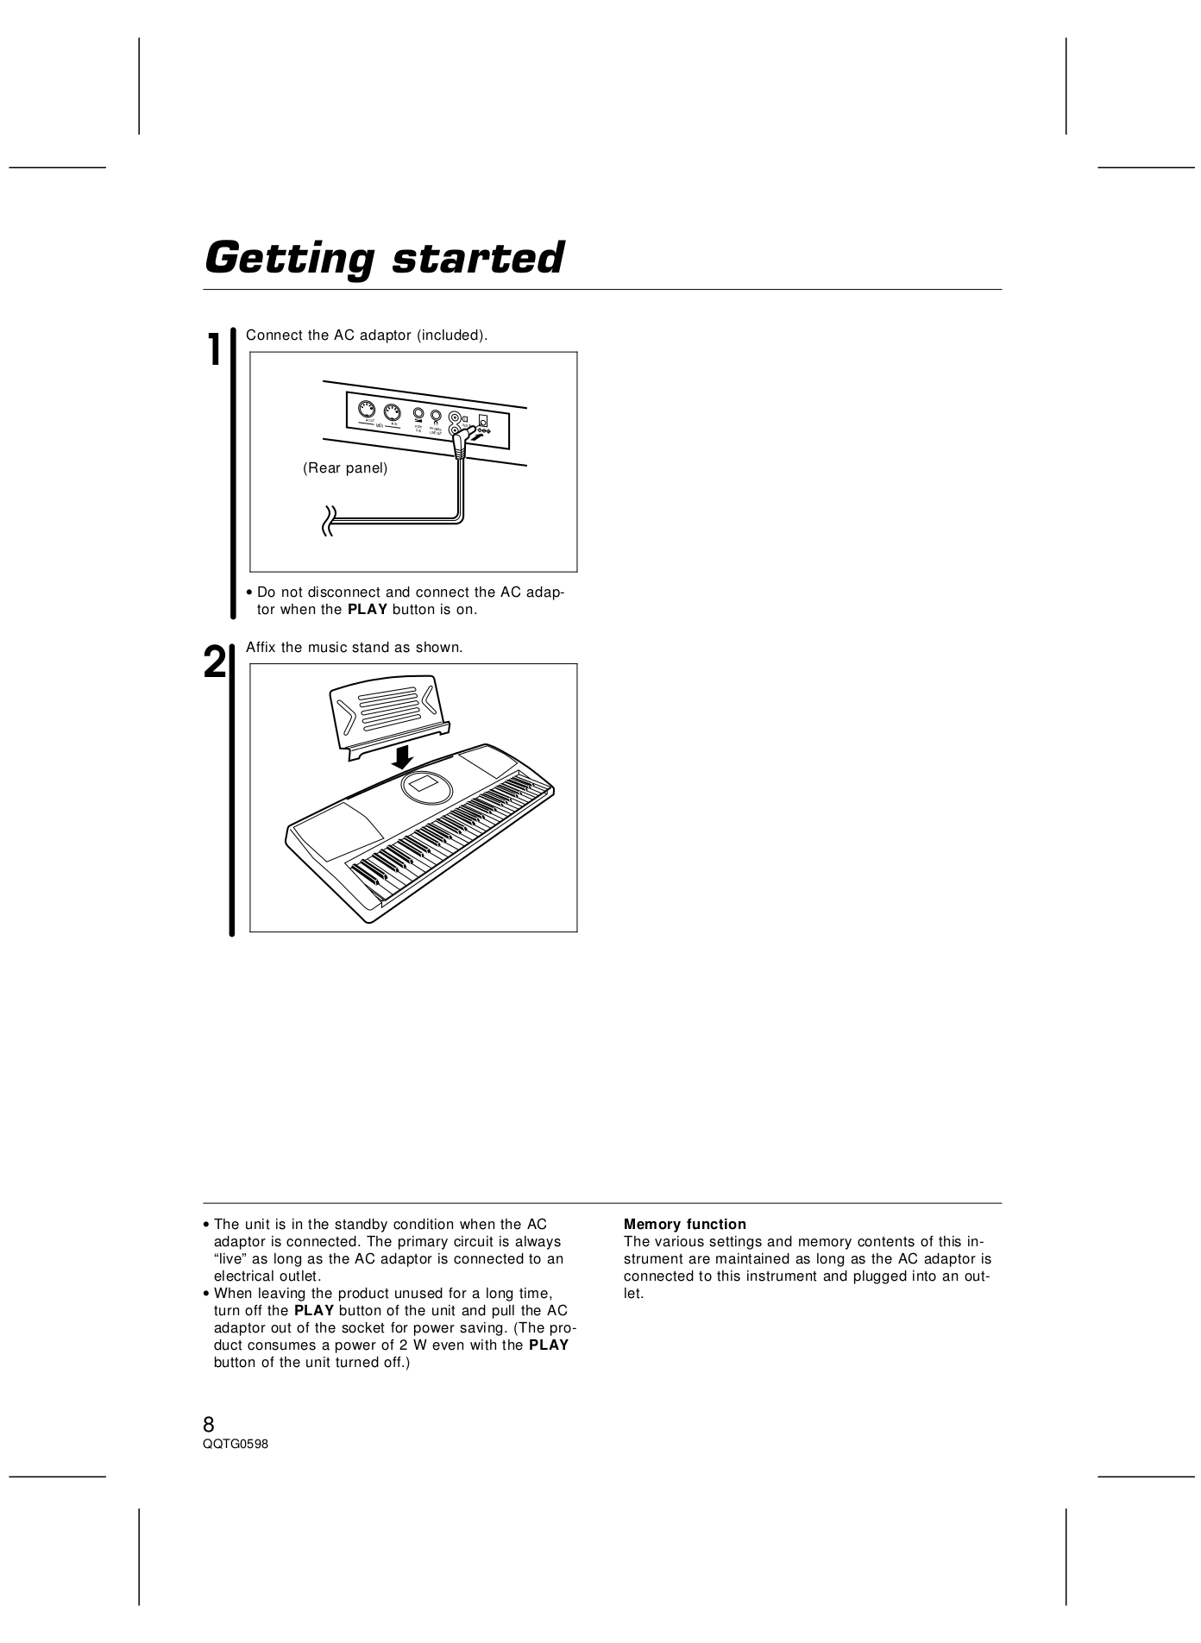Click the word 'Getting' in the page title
tap(290, 258)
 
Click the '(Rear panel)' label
tap(345, 468)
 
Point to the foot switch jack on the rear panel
tap(418, 415)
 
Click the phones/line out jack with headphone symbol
tap(437, 417)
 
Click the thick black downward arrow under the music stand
tap(401, 756)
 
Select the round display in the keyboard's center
tap(426, 787)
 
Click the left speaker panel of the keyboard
tap(339, 826)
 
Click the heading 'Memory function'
tap(684, 1224)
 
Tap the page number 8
tap(209, 1423)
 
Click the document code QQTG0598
tap(236, 1445)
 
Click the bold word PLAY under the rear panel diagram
tap(368, 610)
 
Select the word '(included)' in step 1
tap(451, 335)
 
